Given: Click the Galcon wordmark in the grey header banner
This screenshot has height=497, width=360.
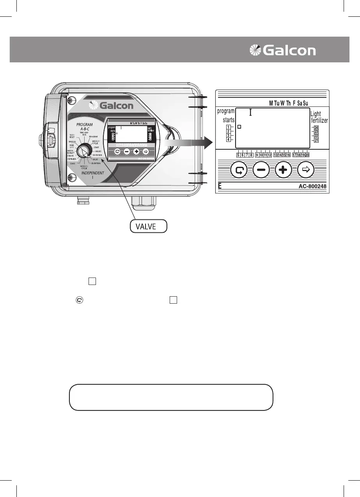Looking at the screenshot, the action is click(x=289, y=51).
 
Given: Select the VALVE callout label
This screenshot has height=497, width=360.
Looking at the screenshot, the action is click(x=148, y=226).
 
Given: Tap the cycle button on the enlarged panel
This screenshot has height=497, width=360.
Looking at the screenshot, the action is click(x=238, y=170).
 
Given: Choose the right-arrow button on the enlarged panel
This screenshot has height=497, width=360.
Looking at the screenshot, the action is click(x=305, y=170).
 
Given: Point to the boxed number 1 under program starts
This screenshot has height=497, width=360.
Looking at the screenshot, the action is click(x=228, y=127).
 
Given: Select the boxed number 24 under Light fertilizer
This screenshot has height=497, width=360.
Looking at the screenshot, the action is click(x=316, y=128).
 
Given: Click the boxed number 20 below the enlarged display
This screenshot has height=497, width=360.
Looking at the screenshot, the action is click(x=307, y=155).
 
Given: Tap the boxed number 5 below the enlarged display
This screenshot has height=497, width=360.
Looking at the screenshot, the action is click(x=238, y=155).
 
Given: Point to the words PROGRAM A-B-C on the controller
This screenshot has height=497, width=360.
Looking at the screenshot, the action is click(x=84, y=126).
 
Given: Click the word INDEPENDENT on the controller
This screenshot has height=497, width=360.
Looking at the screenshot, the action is click(x=92, y=173).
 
